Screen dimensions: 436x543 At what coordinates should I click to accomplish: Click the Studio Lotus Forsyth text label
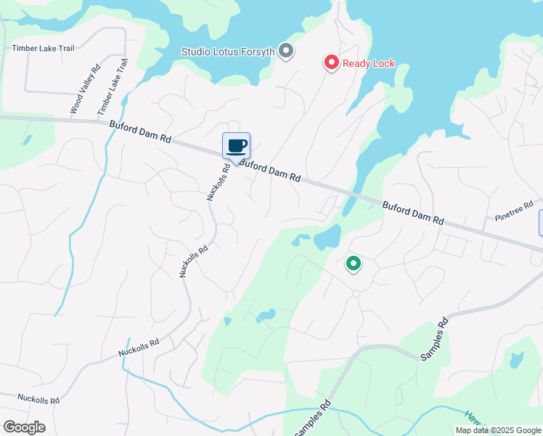(x=228, y=52)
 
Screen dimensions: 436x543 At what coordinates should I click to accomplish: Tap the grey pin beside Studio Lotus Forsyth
(x=286, y=51)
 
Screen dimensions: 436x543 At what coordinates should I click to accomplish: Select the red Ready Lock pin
(x=331, y=62)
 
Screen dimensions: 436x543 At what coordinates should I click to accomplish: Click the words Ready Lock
(x=369, y=63)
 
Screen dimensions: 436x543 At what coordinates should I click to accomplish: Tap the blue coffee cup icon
(x=237, y=145)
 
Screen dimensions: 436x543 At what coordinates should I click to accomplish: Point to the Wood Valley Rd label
(x=84, y=90)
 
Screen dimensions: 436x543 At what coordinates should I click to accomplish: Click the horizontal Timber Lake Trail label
(x=44, y=49)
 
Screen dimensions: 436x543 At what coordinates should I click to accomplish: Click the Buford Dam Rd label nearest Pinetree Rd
(x=412, y=212)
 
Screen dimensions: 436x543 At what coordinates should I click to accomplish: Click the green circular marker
(x=354, y=263)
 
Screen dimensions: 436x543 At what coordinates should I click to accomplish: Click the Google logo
(x=23, y=427)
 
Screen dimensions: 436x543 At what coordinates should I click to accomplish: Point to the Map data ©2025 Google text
(x=498, y=430)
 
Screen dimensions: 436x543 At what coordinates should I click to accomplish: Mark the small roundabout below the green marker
(x=356, y=294)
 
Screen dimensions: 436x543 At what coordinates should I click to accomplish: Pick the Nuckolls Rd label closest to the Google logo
(x=39, y=399)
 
